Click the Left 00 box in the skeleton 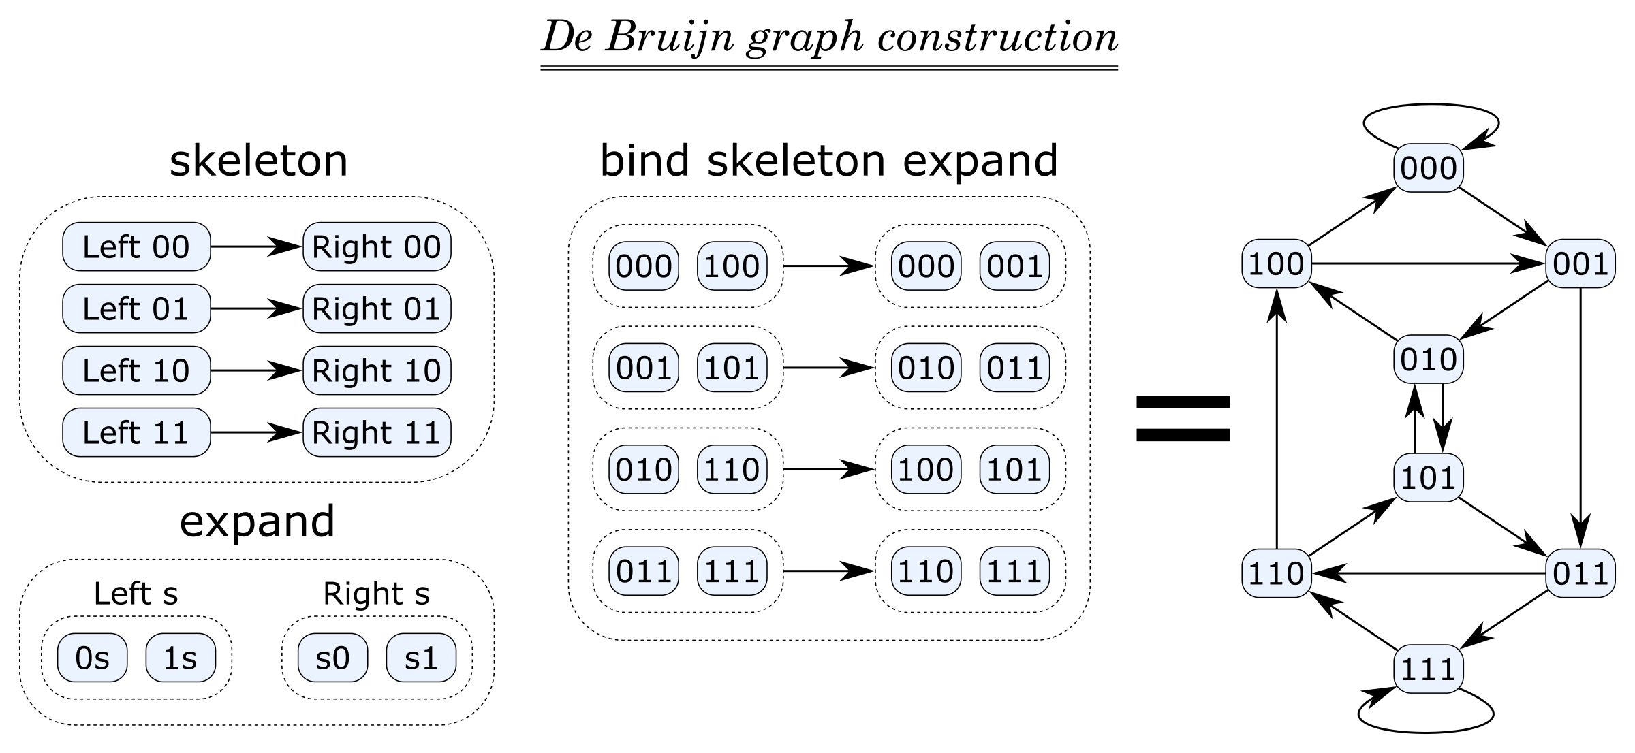point(136,246)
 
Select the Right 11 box point(377,432)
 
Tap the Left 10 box point(136,370)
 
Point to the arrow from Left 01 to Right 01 point(256,308)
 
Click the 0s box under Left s point(92,658)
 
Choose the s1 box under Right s point(421,658)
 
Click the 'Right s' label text point(376,594)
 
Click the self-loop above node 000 point(1431,109)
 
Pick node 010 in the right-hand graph point(1428,359)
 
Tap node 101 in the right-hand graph point(1428,477)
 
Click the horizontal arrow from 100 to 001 point(1428,263)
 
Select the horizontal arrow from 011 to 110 point(1428,573)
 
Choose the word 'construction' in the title point(998,37)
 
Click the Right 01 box point(377,308)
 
